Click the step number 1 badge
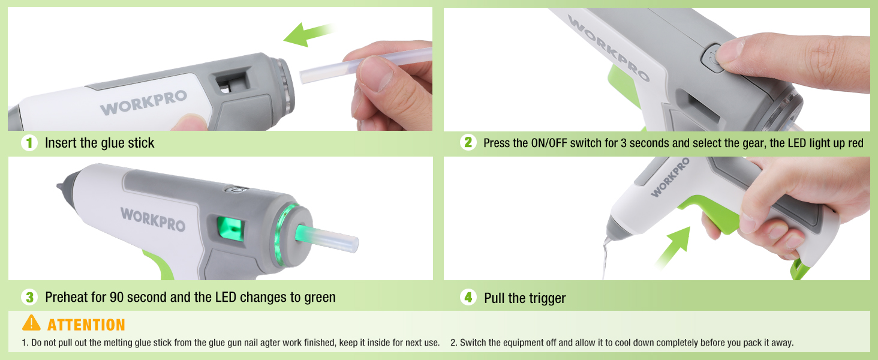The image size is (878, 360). point(29,143)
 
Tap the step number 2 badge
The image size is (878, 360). point(468,142)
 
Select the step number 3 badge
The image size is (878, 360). point(29,297)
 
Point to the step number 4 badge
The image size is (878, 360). point(468,297)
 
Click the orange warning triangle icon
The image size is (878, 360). point(31,323)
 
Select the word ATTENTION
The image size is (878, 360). point(86,325)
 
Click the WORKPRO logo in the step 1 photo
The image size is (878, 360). point(143,103)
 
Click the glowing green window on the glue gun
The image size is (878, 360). point(230,229)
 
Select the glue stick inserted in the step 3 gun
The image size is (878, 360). point(327,238)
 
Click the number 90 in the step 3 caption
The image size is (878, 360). point(117,298)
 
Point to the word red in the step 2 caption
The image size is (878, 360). point(856,143)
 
